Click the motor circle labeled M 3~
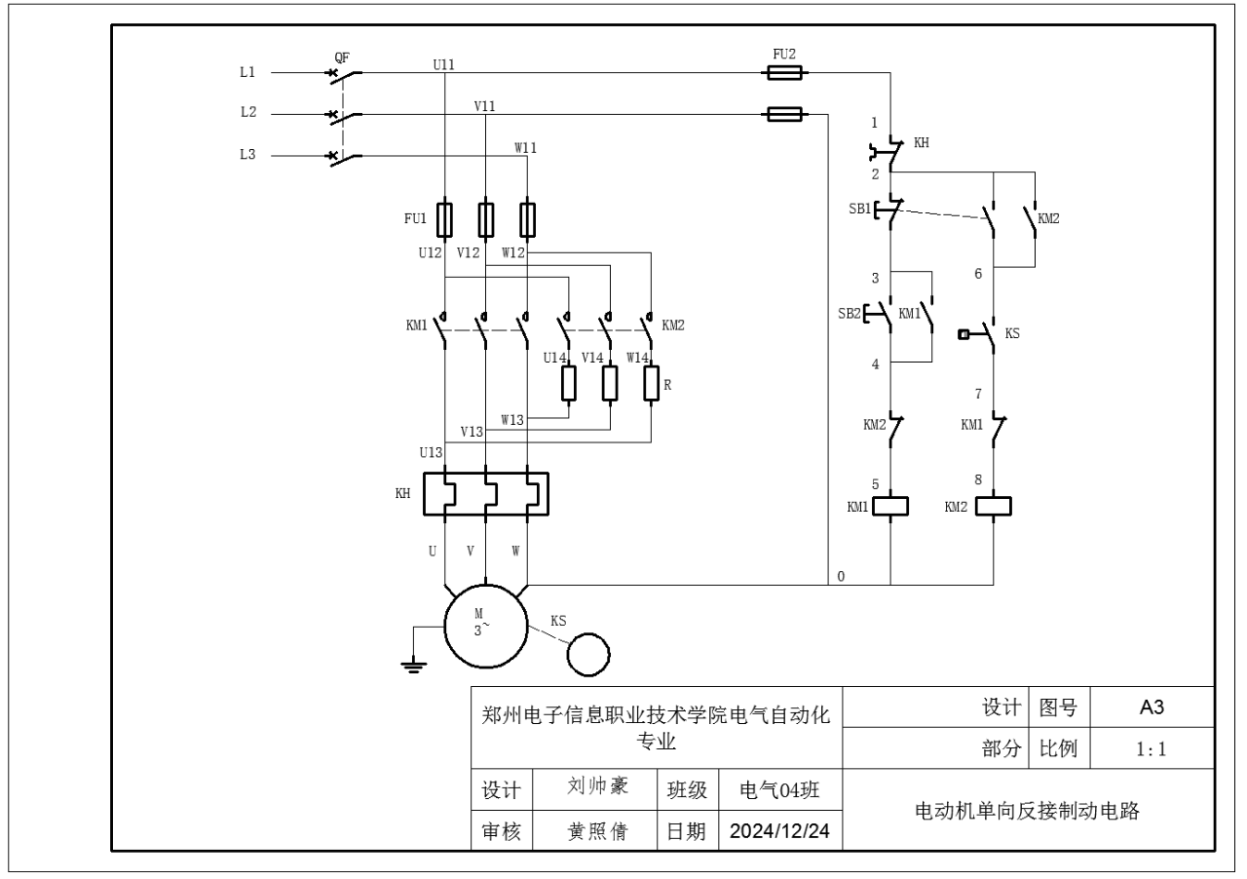point(485,624)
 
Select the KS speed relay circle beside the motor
point(588,653)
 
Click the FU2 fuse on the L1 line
point(784,72)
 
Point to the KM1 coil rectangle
point(890,506)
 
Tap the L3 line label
point(247,154)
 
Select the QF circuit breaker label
point(342,56)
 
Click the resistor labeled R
point(652,383)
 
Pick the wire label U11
point(443,64)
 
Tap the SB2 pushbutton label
point(850,314)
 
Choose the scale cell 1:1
point(1153,749)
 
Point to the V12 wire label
point(470,253)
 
